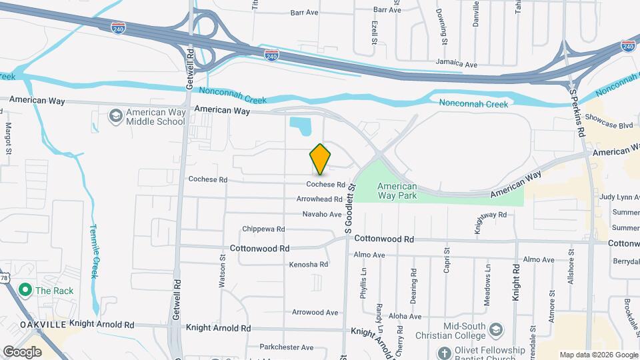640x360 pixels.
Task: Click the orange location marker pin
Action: pyautogui.click(x=321, y=159)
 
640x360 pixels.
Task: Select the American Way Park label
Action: pyautogui.click(x=397, y=191)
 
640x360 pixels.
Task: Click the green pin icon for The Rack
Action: pyautogui.click(x=25, y=290)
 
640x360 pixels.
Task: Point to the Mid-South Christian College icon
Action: pyautogui.click(x=495, y=330)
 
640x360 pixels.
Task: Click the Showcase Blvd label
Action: pyautogui.click(x=608, y=125)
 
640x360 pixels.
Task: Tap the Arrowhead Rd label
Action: pyautogui.click(x=319, y=199)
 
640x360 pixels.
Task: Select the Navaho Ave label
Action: pyautogui.click(x=322, y=215)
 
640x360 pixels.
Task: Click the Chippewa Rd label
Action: pyautogui.click(x=263, y=229)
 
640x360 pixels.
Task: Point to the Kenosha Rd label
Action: pyautogui.click(x=309, y=265)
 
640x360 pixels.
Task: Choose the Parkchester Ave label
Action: pyautogui.click(x=287, y=347)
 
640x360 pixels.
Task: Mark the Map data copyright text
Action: pyautogui.click(x=597, y=355)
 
